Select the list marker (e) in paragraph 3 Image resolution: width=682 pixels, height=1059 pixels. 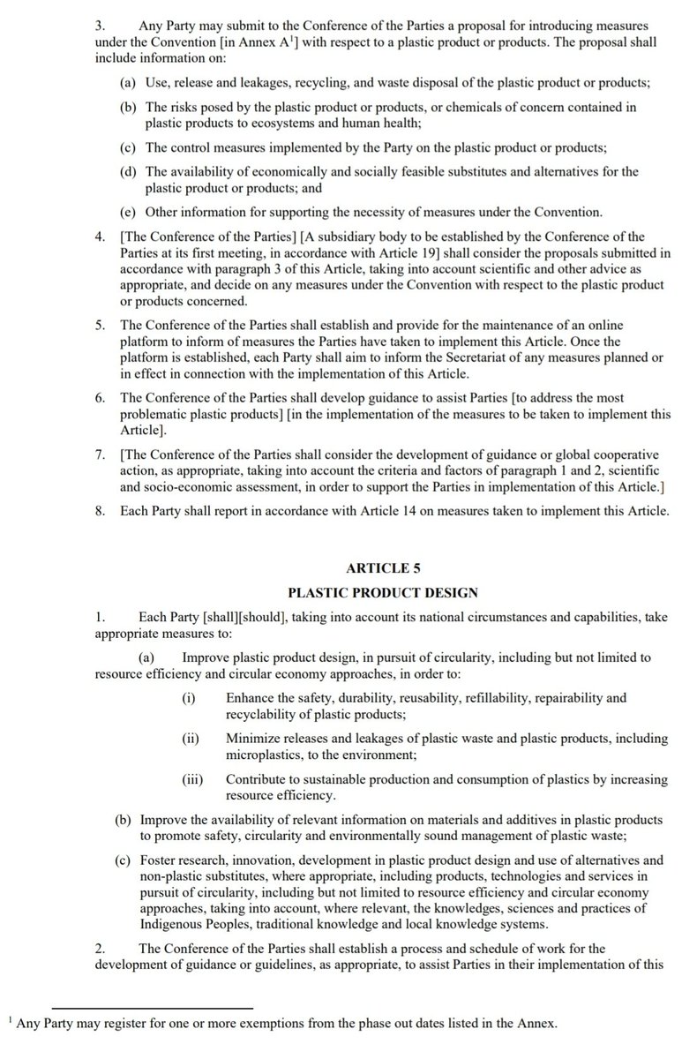click(127, 213)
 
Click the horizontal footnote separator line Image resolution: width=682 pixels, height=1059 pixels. click(152, 1007)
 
